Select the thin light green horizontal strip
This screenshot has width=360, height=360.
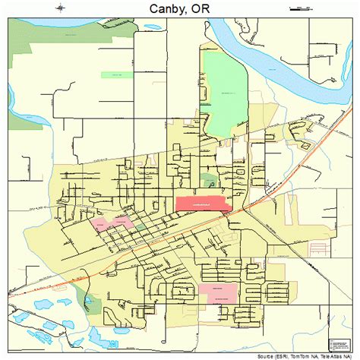point(115,74)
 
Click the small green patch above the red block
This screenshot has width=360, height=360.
point(208,181)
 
